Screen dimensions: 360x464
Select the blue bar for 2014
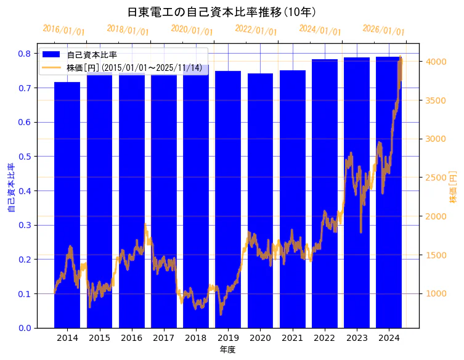[x=67, y=203]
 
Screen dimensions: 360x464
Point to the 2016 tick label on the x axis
[x=131, y=338]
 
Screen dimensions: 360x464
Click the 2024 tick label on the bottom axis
[x=389, y=338]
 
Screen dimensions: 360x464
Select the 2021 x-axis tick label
[x=292, y=338]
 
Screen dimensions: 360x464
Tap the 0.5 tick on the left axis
[x=24, y=157]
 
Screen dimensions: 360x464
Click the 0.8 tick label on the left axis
[x=24, y=54]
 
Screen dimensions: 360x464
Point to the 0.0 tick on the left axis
[x=24, y=328]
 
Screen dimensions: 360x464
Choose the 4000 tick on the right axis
[x=437, y=62]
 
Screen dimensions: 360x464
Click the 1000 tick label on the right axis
[x=437, y=293]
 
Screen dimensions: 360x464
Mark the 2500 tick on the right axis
[x=437, y=178]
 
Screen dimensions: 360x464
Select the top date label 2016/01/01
[x=64, y=31]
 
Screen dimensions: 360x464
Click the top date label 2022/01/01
[x=256, y=30]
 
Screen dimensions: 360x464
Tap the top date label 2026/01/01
[x=384, y=30]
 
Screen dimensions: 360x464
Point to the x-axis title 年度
[x=227, y=350]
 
